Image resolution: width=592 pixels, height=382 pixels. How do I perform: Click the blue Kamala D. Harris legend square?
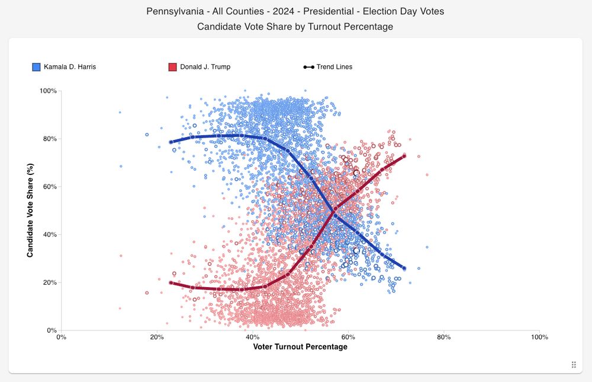[x=36, y=67]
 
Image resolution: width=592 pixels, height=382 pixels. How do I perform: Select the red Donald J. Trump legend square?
[x=172, y=67]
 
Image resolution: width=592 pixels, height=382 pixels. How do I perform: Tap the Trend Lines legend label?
[x=334, y=67]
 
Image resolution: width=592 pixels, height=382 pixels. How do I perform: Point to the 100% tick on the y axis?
[x=48, y=91]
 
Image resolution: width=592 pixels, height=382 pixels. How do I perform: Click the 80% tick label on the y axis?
[x=48, y=139]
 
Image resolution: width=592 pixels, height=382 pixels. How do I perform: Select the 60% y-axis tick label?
[x=48, y=187]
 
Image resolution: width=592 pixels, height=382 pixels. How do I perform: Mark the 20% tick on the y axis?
[x=48, y=282]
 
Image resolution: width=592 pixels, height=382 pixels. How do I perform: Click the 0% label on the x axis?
[x=61, y=337]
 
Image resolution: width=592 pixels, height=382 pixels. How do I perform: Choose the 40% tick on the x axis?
[x=252, y=337]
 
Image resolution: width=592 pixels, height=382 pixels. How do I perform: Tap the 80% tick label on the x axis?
[x=443, y=337]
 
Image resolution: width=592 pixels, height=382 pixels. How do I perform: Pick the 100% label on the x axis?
[x=539, y=337]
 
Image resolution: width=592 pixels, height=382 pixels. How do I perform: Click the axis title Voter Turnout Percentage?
[x=300, y=347]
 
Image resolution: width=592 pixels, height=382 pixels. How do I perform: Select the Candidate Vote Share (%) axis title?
[x=30, y=211]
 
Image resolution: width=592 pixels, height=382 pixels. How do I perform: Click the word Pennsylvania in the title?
[x=172, y=11]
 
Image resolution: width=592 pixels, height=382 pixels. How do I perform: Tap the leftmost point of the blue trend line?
[x=171, y=142]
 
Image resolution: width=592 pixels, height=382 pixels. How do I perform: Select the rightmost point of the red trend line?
[x=404, y=156]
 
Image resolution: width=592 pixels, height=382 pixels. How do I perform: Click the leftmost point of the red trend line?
[x=171, y=283]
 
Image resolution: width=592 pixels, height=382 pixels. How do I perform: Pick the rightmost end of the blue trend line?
[x=404, y=268]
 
